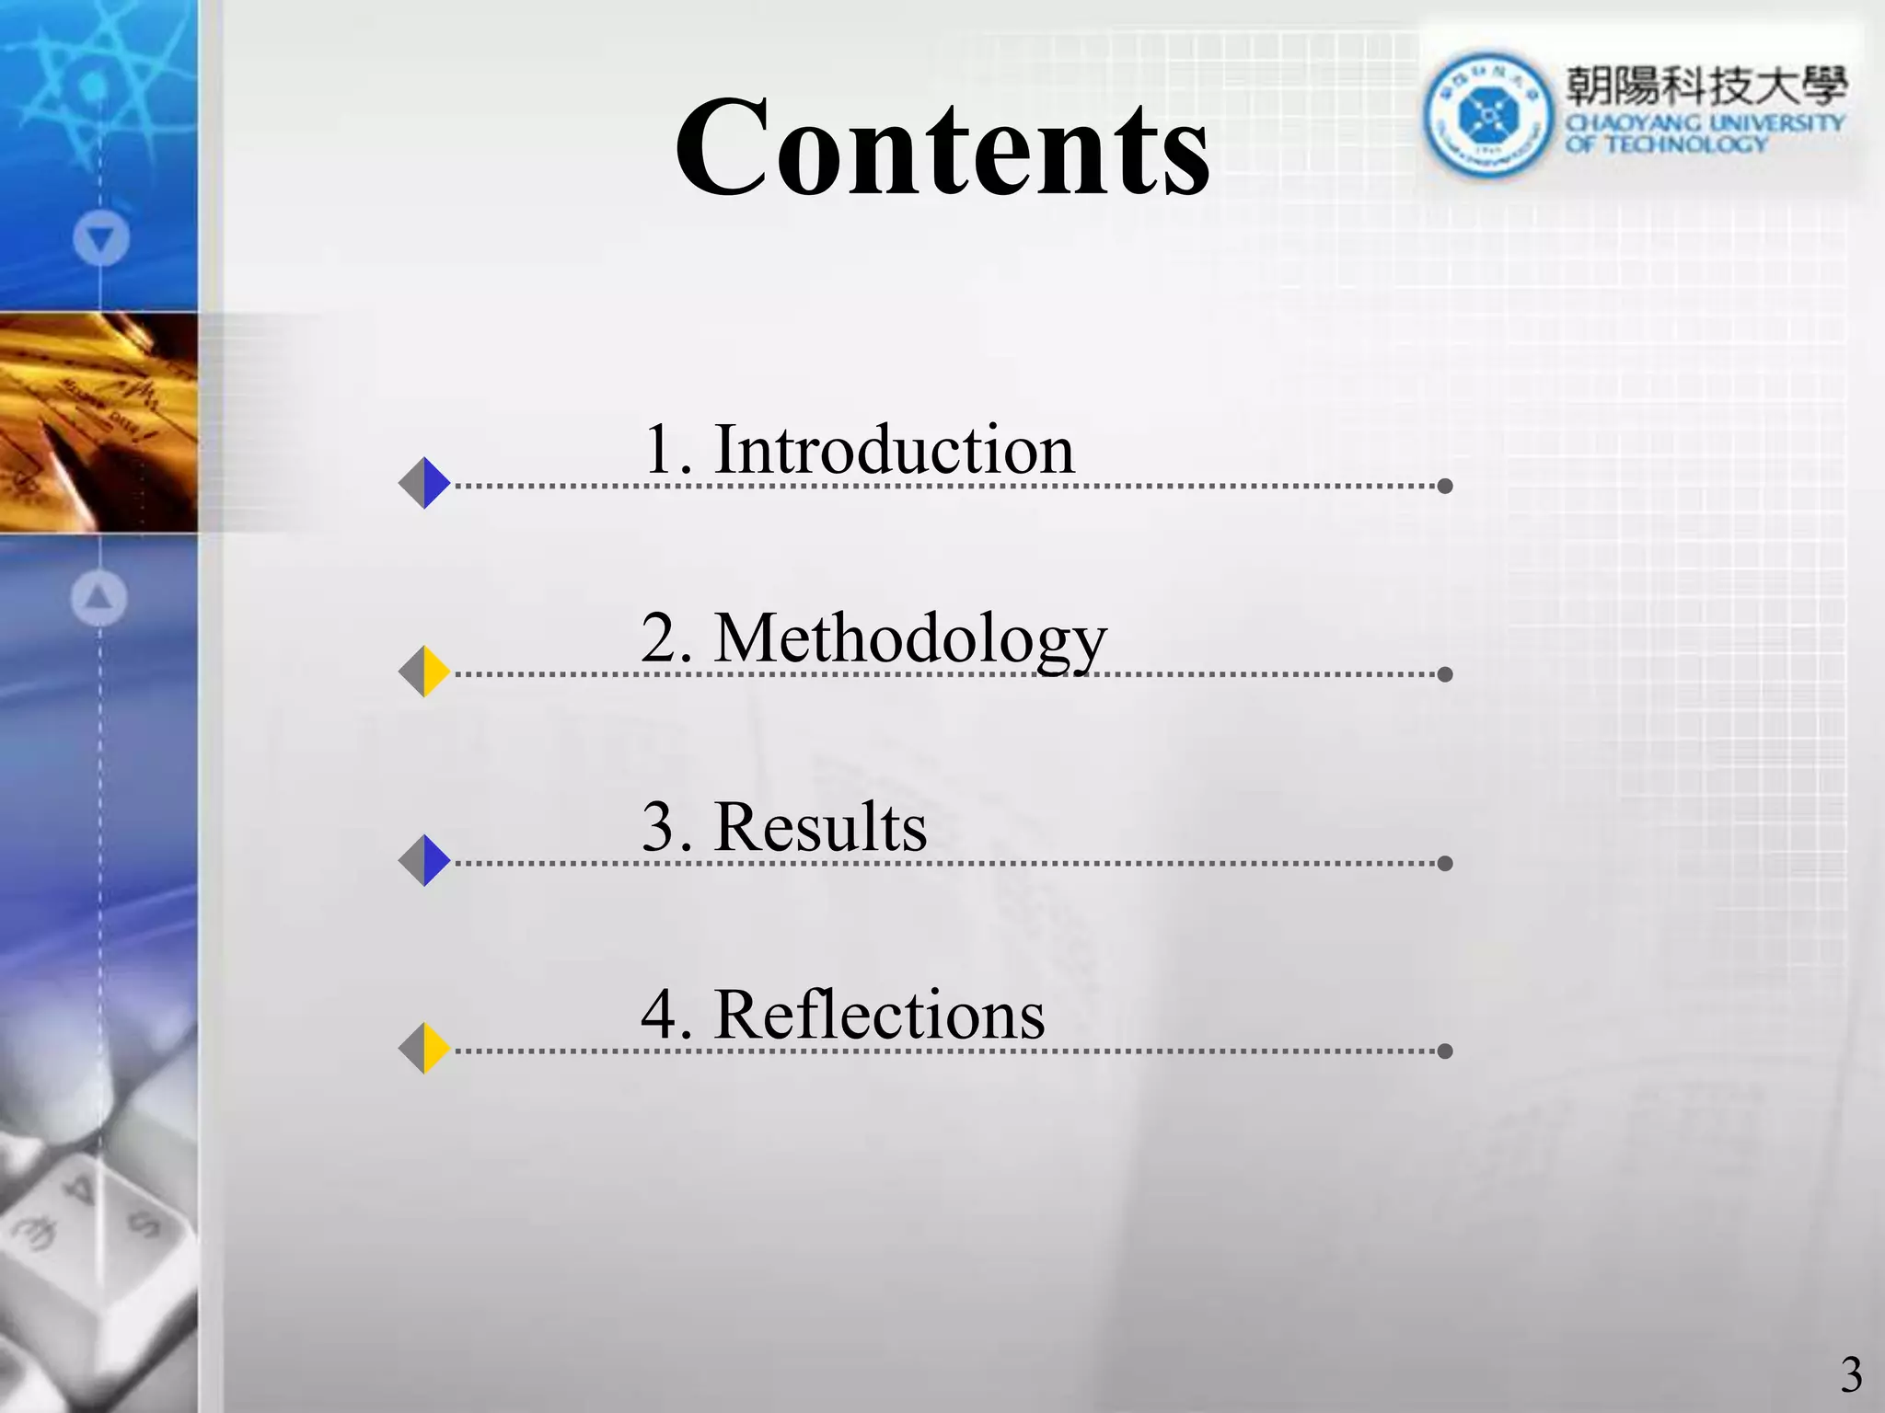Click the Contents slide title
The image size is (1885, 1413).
tap(942, 147)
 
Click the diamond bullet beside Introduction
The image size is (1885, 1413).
tap(424, 483)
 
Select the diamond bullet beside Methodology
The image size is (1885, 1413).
tap(424, 672)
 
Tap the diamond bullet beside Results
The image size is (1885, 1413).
tap(424, 861)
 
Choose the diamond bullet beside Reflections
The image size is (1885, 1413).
tap(424, 1048)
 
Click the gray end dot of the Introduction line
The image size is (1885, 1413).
tap(1445, 486)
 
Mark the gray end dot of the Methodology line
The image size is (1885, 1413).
tap(1445, 674)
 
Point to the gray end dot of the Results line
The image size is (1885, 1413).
tap(1445, 863)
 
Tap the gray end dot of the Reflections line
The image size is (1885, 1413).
tap(1445, 1051)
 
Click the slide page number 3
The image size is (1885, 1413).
tap(1851, 1375)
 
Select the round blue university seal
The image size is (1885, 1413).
tap(1487, 115)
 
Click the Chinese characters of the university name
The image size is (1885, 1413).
tap(1706, 86)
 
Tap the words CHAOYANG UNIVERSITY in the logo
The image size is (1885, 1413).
tap(1706, 122)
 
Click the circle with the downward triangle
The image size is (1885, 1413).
tap(100, 239)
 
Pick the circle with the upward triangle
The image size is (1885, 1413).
tap(99, 599)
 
